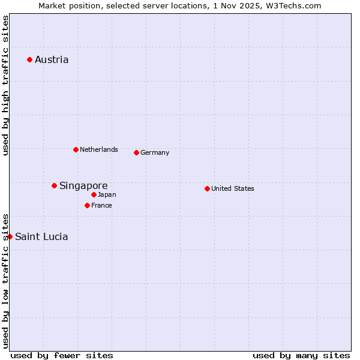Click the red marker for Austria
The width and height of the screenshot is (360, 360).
click(29, 59)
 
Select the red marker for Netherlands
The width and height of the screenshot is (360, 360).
click(76, 149)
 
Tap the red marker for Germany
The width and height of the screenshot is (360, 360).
click(136, 152)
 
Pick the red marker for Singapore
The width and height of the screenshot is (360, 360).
click(54, 185)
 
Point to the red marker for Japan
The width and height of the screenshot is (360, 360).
click(94, 194)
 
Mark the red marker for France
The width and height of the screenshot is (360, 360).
click(87, 205)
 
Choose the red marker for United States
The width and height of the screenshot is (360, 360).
click(207, 188)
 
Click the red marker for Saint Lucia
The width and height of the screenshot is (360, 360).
click(10, 236)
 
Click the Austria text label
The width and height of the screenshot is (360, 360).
click(52, 59)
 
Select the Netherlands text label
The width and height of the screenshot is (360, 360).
click(99, 149)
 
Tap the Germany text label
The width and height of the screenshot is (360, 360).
click(155, 152)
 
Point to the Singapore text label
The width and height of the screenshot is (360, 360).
click(83, 185)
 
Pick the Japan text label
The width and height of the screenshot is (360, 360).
click(107, 194)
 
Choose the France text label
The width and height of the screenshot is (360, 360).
click(101, 205)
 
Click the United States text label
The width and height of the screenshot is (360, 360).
click(233, 188)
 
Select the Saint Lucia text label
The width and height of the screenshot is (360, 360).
click(41, 236)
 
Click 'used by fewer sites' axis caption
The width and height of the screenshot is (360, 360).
click(62, 355)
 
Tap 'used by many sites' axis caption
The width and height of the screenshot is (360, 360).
click(301, 355)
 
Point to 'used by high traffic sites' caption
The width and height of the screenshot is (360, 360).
click(5, 85)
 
